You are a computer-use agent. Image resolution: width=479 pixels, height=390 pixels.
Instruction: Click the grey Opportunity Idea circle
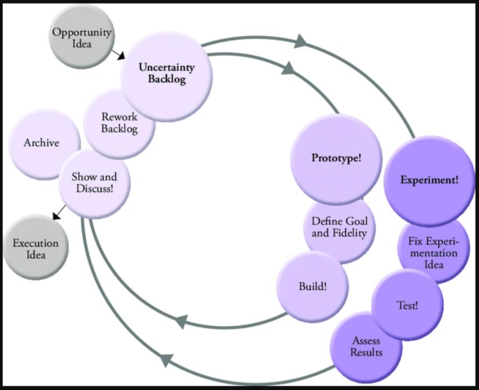(x=82, y=38)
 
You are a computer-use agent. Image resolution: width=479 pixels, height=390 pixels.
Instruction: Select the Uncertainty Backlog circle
(x=166, y=74)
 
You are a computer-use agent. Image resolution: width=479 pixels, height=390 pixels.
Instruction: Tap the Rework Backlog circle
(x=120, y=122)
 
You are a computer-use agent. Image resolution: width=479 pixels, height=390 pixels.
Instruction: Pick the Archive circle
(x=41, y=142)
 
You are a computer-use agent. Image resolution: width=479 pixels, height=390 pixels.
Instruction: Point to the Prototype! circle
(x=337, y=158)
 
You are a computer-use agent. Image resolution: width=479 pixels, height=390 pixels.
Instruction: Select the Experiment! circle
(x=429, y=180)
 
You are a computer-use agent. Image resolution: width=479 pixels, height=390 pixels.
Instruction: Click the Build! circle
(x=313, y=286)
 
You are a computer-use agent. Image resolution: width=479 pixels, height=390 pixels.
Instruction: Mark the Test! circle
(x=408, y=304)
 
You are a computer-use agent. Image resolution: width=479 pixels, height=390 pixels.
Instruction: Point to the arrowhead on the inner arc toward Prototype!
(x=288, y=68)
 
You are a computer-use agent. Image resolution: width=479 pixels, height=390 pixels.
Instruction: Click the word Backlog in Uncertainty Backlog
(x=166, y=80)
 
